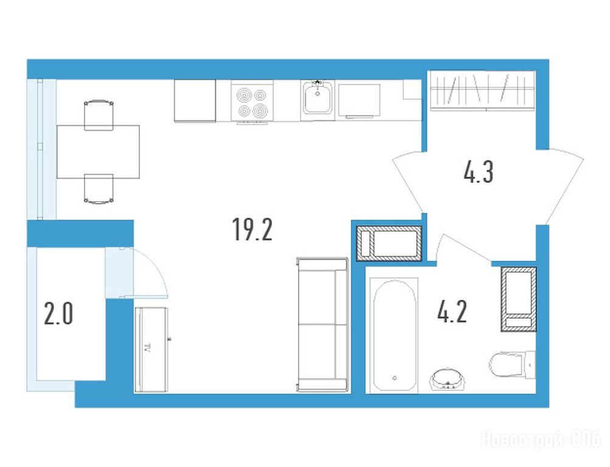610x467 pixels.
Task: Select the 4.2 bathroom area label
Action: [x=452, y=311]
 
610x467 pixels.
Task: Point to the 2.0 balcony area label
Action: [x=58, y=314]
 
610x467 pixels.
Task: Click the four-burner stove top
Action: [x=252, y=103]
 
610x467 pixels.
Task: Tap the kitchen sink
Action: [x=317, y=98]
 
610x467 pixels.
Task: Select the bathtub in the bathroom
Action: [x=394, y=335]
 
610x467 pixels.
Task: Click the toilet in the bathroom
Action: [x=512, y=365]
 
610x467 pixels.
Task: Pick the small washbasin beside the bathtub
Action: [x=448, y=379]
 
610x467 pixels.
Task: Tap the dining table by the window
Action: [x=98, y=151]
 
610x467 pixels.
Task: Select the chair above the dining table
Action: [x=99, y=114]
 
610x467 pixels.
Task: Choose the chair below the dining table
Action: [x=99, y=189]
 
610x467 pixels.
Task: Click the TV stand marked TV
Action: [x=151, y=349]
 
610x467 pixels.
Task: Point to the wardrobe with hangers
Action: [x=482, y=91]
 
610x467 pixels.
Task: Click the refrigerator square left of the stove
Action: [x=195, y=101]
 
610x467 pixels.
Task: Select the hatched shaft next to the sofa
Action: [x=389, y=243]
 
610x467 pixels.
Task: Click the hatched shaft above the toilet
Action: [x=518, y=299]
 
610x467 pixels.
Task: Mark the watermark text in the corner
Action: [x=541, y=440]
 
